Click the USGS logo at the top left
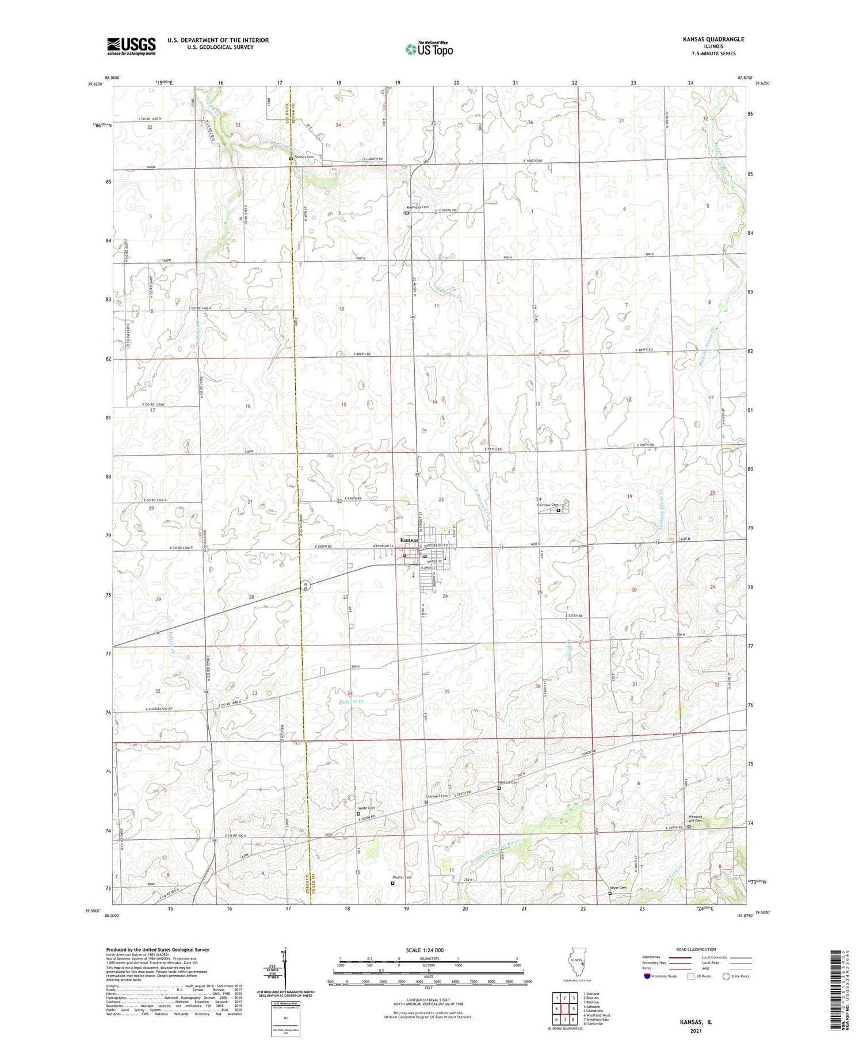(x=131, y=46)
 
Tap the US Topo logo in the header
(x=429, y=49)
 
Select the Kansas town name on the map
(x=410, y=540)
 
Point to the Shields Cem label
(x=305, y=157)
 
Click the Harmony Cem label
(x=418, y=207)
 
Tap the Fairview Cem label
(x=548, y=505)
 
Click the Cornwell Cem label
(x=437, y=796)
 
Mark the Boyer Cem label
(x=618, y=888)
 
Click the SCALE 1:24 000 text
(x=428, y=950)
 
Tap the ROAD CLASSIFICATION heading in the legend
(x=696, y=949)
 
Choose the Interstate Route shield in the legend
(x=647, y=976)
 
